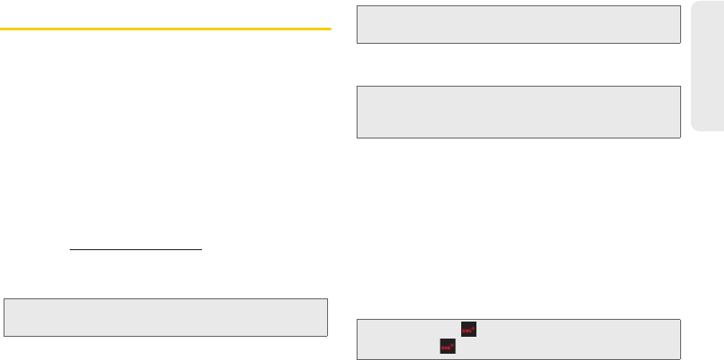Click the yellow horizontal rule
[165, 29]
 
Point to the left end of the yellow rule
[1, 29]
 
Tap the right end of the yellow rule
[331, 29]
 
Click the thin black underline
[137, 250]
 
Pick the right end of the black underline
[204, 250]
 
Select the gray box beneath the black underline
[165, 316]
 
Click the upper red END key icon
[466, 330]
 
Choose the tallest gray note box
[518, 112]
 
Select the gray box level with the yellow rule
[518, 24]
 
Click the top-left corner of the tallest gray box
[358, 86]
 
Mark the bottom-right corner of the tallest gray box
[680, 138]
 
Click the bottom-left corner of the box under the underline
[4, 335]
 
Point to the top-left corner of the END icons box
[358, 319]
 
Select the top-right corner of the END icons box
[680, 319]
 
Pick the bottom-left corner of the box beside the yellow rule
[358, 43]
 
